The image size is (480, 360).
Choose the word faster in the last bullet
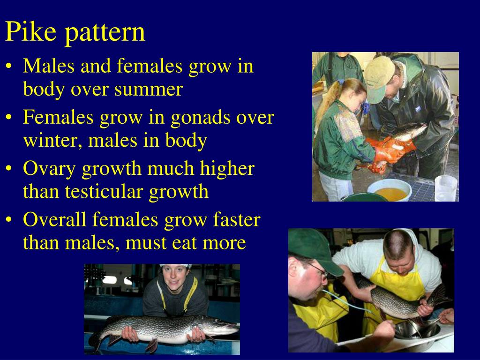pyautogui.click(x=236, y=219)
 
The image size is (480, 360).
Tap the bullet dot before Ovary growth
pyautogui.click(x=10, y=169)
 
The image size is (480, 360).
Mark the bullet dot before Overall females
pyautogui.click(x=10, y=219)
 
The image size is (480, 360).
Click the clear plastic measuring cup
pyautogui.click(x=445, y=188)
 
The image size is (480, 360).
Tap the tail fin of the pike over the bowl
pyautogui.click(x=439, y=295)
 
